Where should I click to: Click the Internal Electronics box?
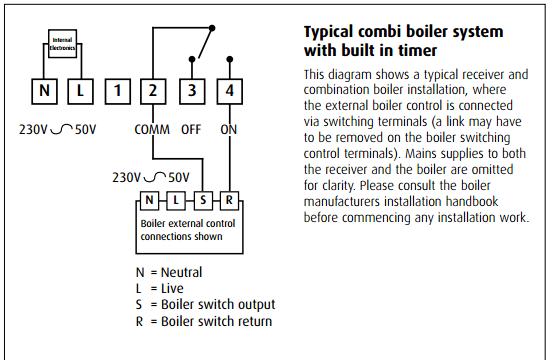tap(62, 44)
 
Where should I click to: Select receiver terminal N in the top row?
tap(44, 91)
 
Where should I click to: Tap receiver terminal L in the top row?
tap(80, 91)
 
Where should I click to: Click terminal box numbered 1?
tap(118, 91)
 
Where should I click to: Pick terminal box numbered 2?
tap(153, 91)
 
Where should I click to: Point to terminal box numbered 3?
tap(192, 91)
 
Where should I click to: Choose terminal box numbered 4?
tap(230, 91)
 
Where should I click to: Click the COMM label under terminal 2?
tap(152, 130)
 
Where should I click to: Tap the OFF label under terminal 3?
tap(191, 130)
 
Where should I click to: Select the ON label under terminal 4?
tap(229, 130)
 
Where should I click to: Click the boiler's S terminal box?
tap(203, 201)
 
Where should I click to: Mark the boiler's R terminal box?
tap(229, 201)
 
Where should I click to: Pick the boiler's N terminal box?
tap(149, 201)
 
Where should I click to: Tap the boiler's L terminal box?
tap(176, 201)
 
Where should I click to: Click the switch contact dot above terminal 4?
tap(230, 59)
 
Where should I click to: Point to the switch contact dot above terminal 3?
tap(192, 59)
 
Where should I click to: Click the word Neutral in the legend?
tap(181, 272)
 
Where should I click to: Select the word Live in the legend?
tap(172, 289)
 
